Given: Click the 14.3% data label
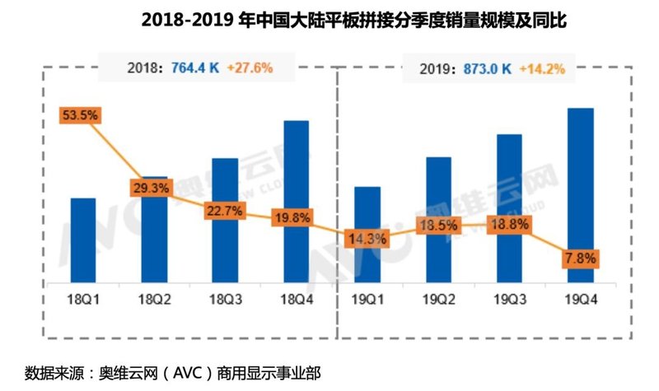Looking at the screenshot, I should [x=367, y=239].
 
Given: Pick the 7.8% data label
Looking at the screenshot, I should [x=581, y=258].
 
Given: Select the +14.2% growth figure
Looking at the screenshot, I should [x=542, y=69].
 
